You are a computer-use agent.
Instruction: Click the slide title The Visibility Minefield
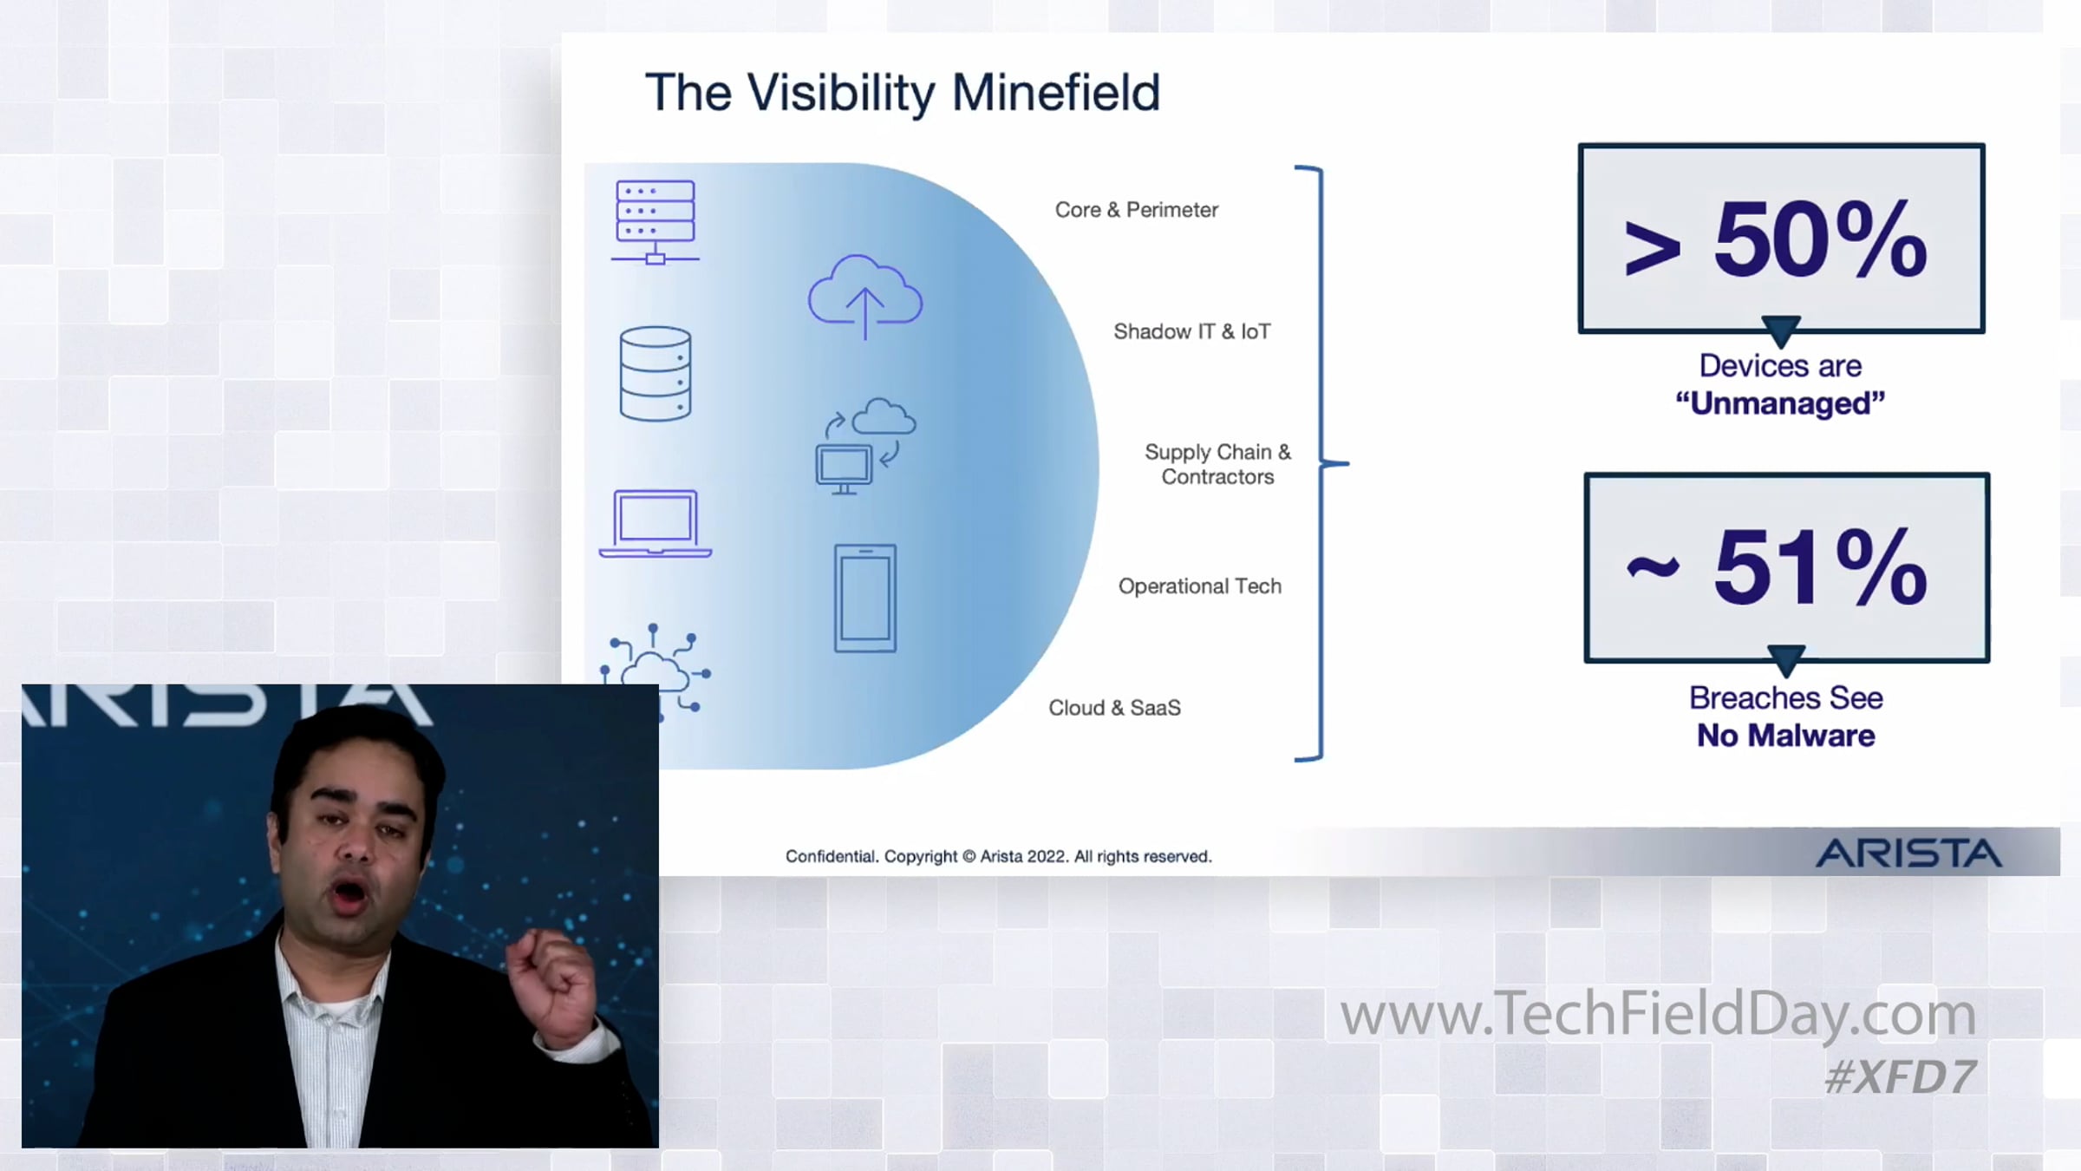pos(902,93)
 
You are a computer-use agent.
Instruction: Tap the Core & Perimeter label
pos(1136,210)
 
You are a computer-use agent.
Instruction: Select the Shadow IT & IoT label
pos(1191,331)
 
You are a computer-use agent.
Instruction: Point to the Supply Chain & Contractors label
pos(1217,464)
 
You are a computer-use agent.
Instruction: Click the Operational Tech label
pos(1199,586)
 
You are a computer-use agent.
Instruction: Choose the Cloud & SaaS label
pos(1114,708)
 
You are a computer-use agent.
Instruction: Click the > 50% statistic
pos(1776,239)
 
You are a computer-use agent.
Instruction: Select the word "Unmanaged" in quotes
pos(1780,403)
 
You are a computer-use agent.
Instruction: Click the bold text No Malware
pos(1785,736)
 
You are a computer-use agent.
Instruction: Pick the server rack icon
pos(656,222)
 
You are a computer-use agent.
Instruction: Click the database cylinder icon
pos(656,374)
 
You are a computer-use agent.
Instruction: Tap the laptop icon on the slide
pos(656,524)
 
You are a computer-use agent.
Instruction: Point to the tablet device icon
pos(865,599)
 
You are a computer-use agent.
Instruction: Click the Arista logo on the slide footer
pos(1908,854)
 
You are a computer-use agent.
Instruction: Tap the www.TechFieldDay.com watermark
pos(1658,1014)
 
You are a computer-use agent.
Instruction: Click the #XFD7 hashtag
pos(1900,1077)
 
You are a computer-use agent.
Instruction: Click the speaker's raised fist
pos(551,980)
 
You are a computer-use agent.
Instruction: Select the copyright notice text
pos(998,857)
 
